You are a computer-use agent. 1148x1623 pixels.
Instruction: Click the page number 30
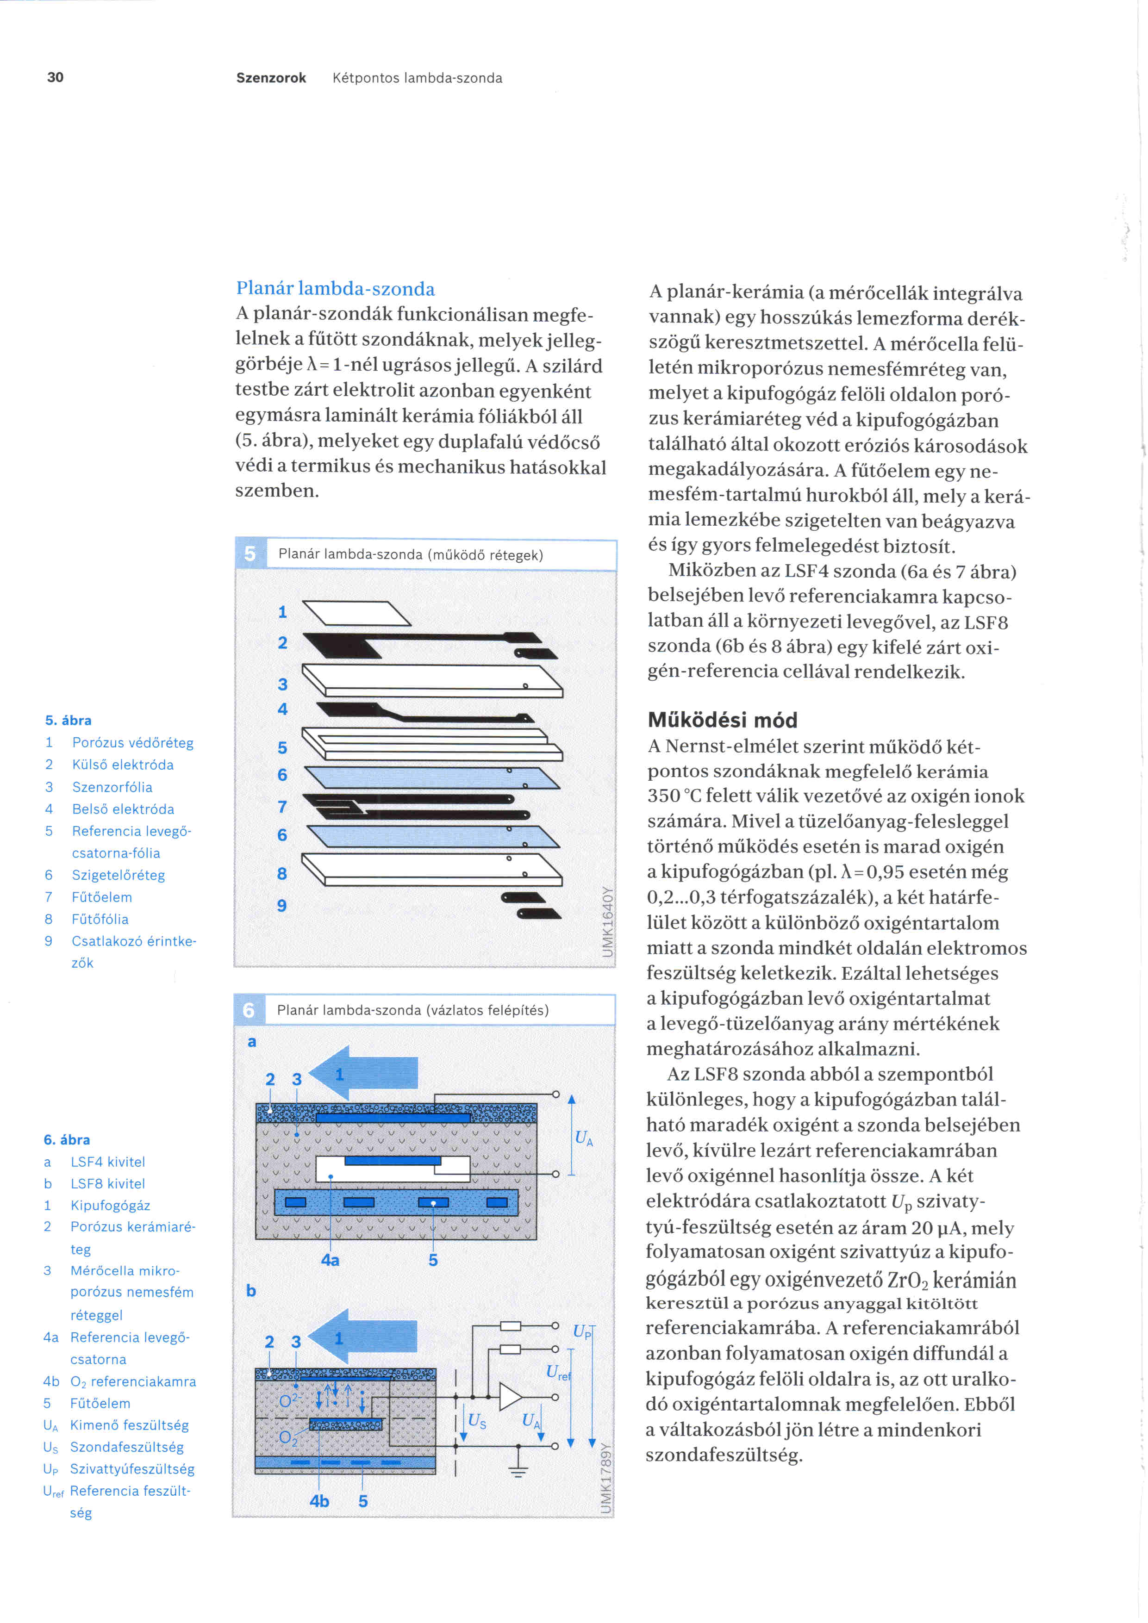(x=55, y=77)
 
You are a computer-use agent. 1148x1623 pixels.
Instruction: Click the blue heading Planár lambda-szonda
(x=335, y=288)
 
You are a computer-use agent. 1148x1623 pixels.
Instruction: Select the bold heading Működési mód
(x=723, y=720)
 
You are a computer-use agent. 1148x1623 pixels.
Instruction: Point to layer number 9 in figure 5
(x=282, y=906)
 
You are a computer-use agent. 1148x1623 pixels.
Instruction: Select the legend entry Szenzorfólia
(x=112, y=787)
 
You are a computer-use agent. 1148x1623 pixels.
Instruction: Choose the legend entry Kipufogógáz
(x=110, y=1205)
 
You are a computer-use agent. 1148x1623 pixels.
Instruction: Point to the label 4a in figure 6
(x=330, y=1260)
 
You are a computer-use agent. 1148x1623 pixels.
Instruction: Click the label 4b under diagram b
(x=319, y=1501)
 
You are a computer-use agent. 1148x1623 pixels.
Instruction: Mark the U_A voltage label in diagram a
(x=584, y=1138)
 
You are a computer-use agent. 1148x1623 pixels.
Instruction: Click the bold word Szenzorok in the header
(x=271, y=78)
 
